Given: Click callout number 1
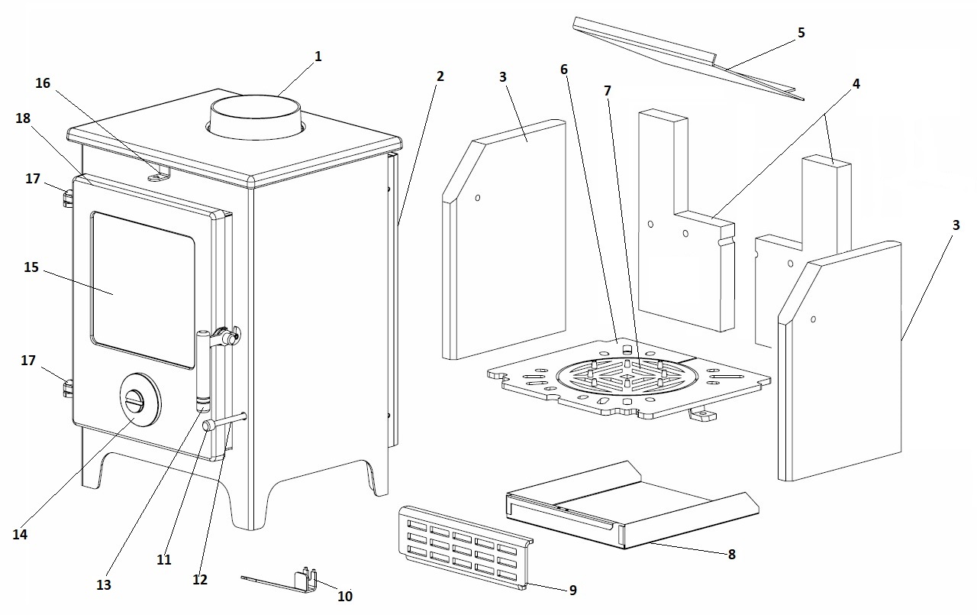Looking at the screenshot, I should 318,57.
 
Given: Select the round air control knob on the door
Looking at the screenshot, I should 140,397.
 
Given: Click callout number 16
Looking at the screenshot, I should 43,83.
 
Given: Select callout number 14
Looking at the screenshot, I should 20,535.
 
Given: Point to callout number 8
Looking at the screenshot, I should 731,555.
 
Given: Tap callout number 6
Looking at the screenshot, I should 564,70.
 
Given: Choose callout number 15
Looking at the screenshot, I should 31,267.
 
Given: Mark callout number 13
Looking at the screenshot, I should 104,584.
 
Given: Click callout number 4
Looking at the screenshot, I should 856,84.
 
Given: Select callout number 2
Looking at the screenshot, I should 440,76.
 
